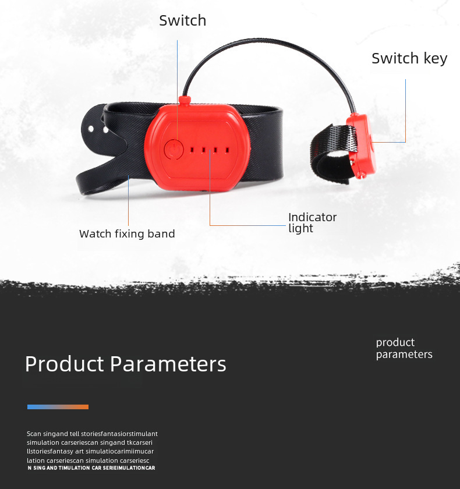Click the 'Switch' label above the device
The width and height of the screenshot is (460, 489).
182,20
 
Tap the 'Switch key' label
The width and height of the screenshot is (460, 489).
409,58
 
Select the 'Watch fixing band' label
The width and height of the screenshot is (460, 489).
127,233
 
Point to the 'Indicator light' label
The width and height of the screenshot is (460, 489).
312,222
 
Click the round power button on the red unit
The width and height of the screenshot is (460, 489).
174,150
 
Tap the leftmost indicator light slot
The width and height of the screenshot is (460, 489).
192,150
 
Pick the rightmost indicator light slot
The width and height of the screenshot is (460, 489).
227,150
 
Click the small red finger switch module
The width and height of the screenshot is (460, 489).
362,146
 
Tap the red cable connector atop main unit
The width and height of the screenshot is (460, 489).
185,100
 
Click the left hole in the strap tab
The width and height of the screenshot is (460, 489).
91,129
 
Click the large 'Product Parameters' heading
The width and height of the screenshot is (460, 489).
125,364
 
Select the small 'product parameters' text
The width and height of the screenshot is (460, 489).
404,348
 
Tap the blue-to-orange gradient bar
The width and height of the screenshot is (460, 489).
58,407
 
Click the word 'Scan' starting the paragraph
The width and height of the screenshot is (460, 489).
34,434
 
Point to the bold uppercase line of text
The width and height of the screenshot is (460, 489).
91,468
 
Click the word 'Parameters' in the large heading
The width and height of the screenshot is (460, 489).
168,364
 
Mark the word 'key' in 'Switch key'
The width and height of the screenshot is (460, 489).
436,59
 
